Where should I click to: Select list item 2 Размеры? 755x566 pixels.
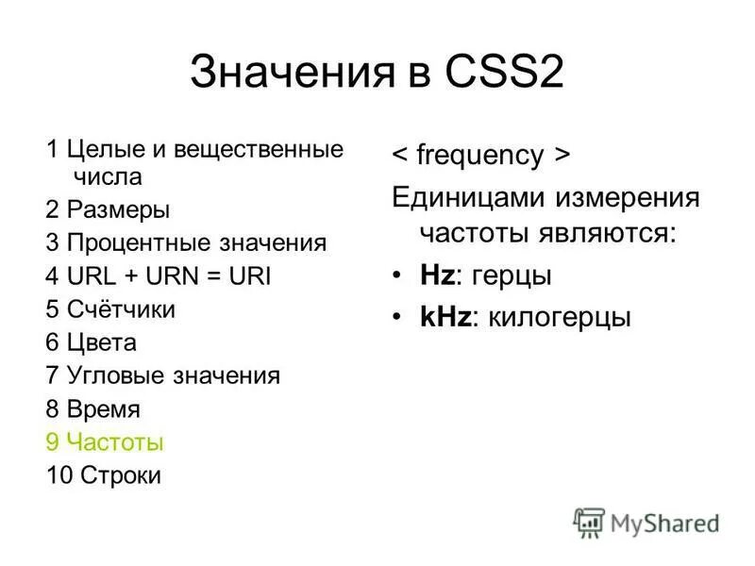(x=108, y=209)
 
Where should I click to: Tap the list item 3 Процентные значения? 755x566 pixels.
(x=186, y=242)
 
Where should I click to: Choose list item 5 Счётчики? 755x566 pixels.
(x=110, y=309)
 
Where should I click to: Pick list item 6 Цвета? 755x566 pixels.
(x=91, y=342)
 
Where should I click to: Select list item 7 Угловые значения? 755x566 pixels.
(x=162, y=375)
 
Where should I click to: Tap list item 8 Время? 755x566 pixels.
(x=92, y=408)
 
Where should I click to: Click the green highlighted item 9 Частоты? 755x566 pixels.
(x=105, y=441)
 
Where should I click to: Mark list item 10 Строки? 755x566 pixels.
(x=103, y=474)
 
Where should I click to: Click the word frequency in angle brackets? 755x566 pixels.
(x=480, y=156)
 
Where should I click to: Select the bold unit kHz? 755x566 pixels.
(x=445, y=317)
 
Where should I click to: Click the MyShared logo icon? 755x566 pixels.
(x=589, y=523)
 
